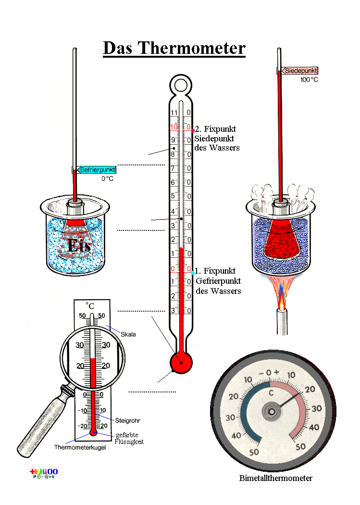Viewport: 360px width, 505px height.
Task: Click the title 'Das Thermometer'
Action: coord(174,48)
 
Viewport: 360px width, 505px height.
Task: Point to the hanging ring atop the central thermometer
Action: coord(181,85)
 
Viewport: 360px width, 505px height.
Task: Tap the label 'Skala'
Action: coord(128,334)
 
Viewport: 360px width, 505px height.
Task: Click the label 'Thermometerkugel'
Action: coord(80,447)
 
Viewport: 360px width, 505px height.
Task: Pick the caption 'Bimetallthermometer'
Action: coord(275,478)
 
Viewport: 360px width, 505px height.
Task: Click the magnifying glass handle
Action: coord(41,423)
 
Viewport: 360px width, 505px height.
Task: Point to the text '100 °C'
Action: coord(310,80)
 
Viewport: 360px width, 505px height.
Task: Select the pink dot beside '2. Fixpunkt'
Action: coord(193,130)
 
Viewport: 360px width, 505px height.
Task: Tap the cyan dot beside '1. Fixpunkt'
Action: coord(193,273)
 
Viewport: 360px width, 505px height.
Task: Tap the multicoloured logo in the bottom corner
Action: coord(44,473)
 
